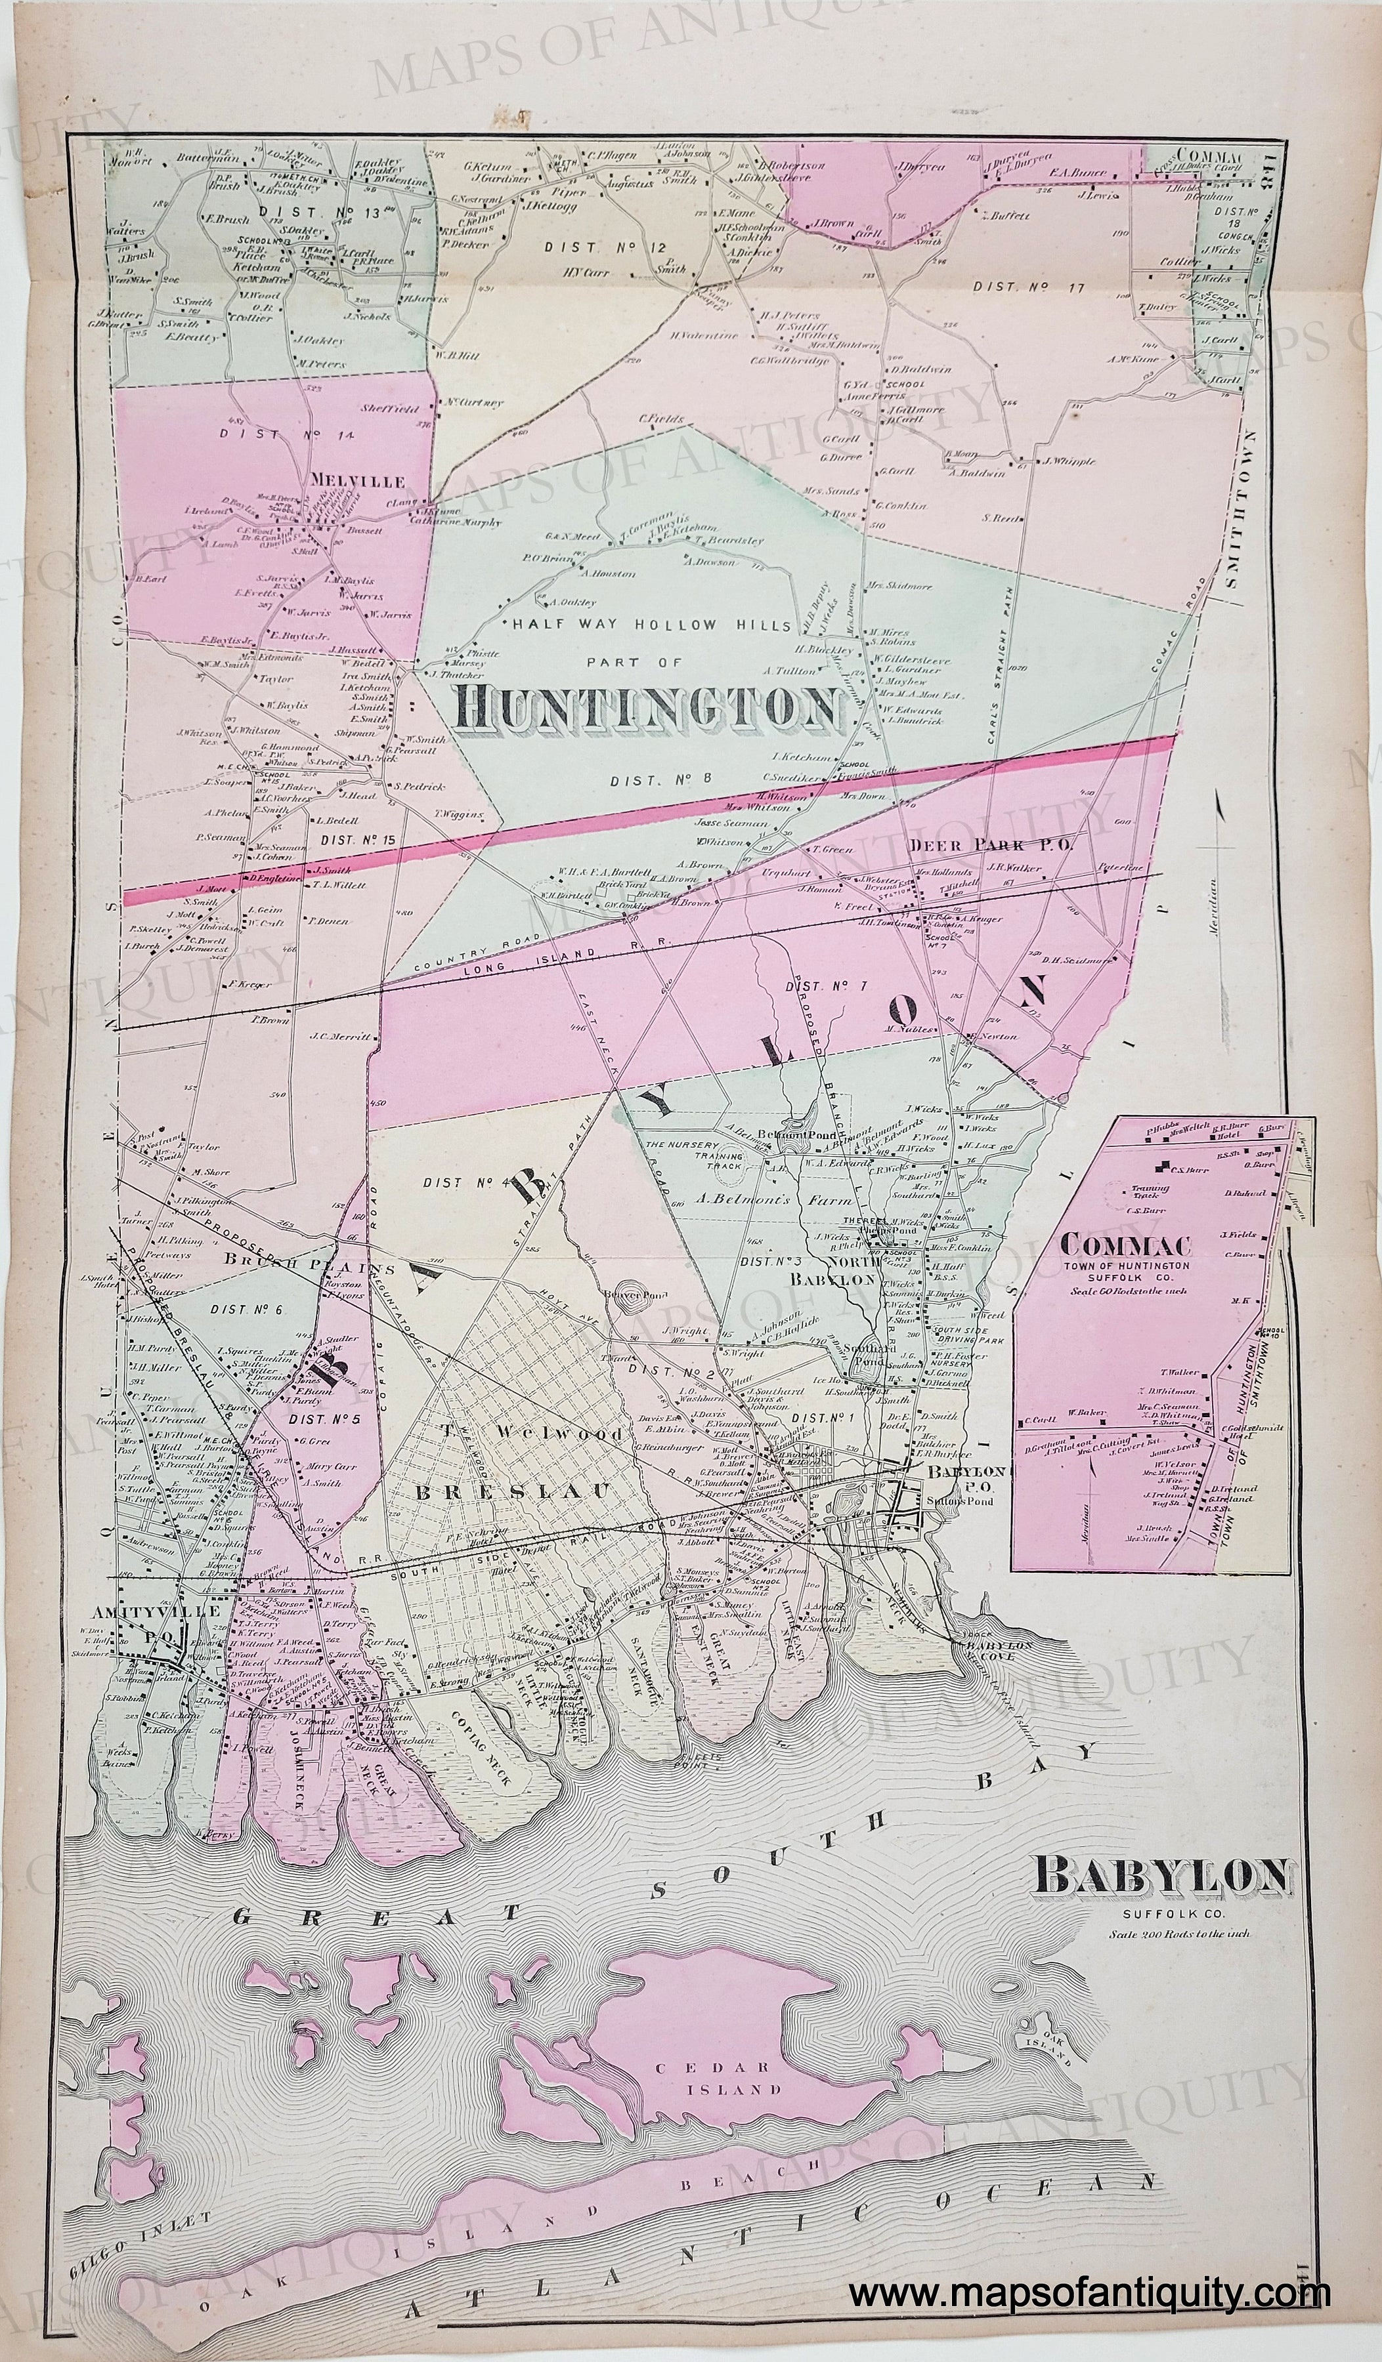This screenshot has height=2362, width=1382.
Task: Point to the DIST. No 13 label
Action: tap(320, 213)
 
